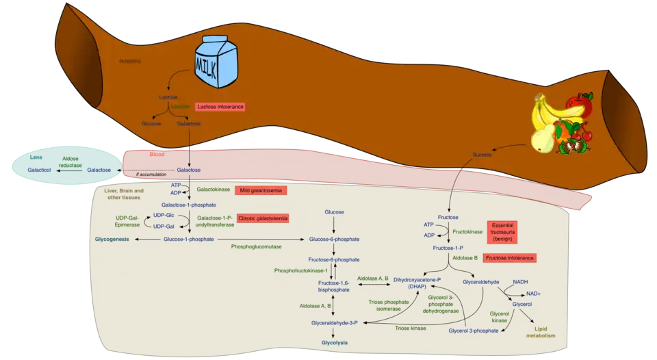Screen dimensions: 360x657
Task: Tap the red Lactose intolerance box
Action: pyautogui.click(x=220, y=107)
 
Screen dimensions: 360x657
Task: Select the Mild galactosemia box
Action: pyautogui.click(x=260, y=190)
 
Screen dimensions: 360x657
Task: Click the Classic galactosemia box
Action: pyautogui.click(x=263, y=218)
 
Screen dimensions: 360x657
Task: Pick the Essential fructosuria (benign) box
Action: pyautogui.click(x=502, y=233)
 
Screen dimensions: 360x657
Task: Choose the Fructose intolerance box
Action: pyautogui.click(x=509, y=258)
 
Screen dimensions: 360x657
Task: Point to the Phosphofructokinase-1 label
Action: pyautogui.click(x=301, y=271)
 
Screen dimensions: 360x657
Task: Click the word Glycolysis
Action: pyautogui.click(x=335, y=342)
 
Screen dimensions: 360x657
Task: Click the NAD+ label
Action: pyautogui.click(x=533, y=293)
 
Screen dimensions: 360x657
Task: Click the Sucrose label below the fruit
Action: pyautogui.click(x=482, y=155)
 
